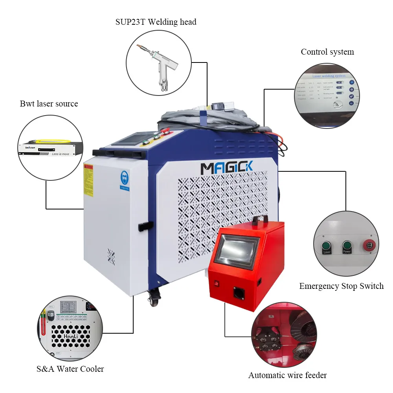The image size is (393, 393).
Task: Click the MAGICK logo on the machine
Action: coord(227,167)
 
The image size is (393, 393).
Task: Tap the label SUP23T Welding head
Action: coord(156,22)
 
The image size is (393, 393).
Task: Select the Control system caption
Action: coord(327,52)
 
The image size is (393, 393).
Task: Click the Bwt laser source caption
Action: coord(49,104)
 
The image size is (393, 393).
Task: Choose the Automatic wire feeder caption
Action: coord(287,375)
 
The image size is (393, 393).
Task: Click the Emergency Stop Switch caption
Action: coord(341,286)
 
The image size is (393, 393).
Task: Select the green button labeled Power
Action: coord(347,246)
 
